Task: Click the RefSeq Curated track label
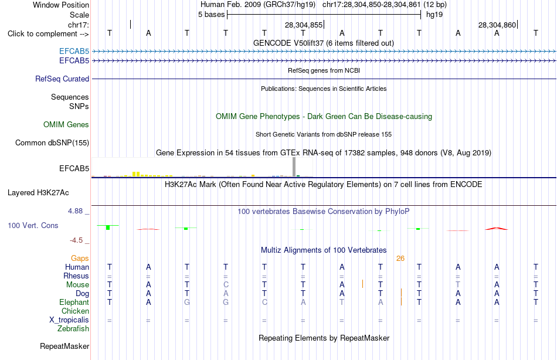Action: click(62, 79)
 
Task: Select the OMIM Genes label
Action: click(66, 124)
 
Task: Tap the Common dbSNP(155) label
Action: click(52, 143)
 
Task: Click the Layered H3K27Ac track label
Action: click(38, 193)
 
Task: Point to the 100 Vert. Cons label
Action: click(33, 225)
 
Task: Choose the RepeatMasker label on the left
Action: click(64, 346)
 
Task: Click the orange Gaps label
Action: click(80, 259)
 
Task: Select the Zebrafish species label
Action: click(73, 329)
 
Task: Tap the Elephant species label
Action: click(74, 303)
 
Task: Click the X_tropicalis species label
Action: click(69, 320)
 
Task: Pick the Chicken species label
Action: click(75, 311)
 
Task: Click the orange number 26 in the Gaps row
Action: click(400, 259)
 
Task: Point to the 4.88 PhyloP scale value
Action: click(75, 211)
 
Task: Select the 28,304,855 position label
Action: click(304, 25)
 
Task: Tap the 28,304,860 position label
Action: click(497, 25)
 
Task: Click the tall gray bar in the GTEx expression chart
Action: click(294, 167)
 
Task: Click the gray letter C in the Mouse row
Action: click(226, 285)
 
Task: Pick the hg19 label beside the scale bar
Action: click(434, 15)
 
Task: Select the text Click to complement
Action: click(43, 34)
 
